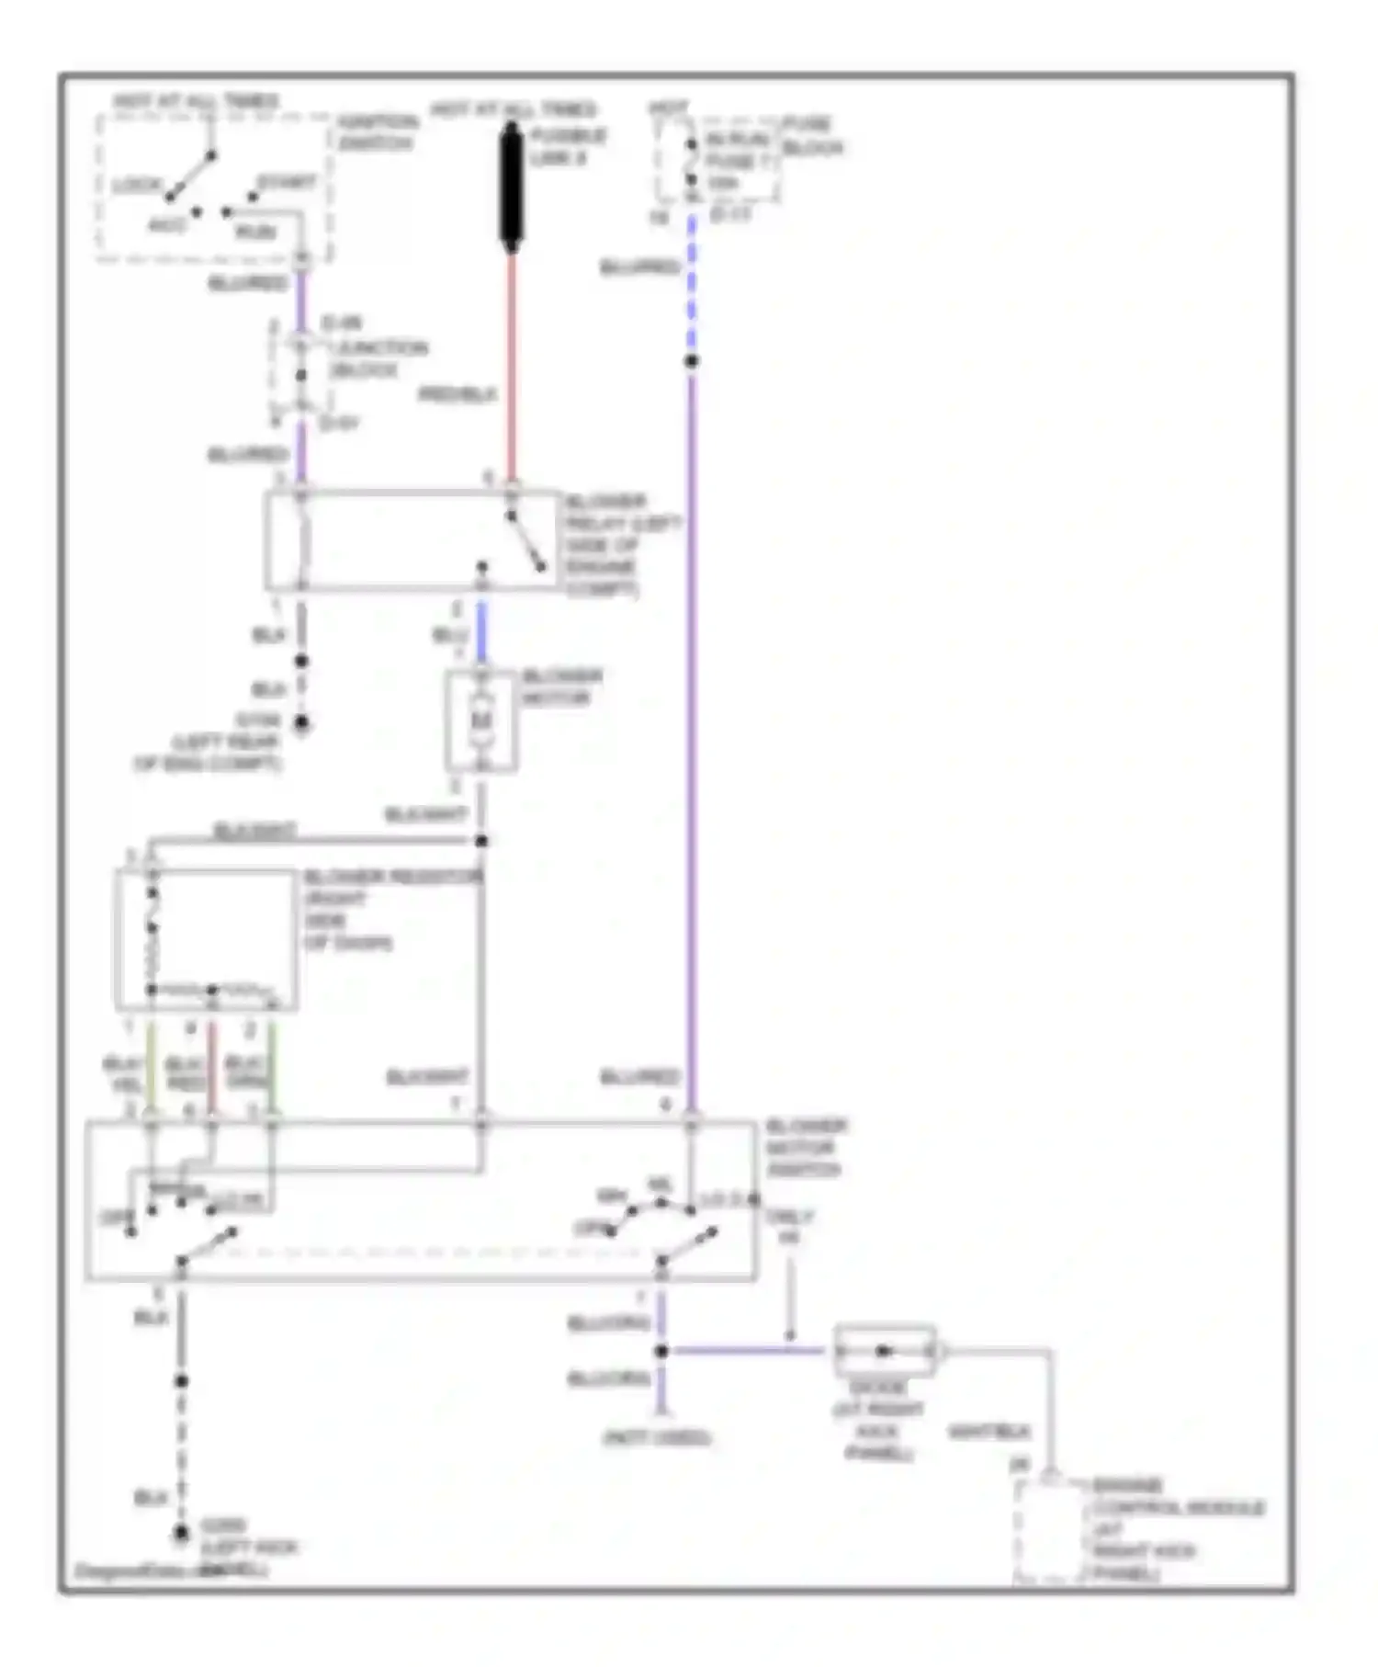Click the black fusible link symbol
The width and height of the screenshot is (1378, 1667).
click(x=512, y=188)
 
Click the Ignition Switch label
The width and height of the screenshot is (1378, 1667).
click(x=377, y=132)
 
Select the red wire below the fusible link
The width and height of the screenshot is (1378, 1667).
click(x=512, y=368)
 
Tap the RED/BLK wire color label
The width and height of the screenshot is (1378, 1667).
click(x=457, y=395)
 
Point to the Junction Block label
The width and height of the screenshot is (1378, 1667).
click(x=377, y=358)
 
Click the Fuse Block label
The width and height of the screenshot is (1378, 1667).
click(x=812, y=136)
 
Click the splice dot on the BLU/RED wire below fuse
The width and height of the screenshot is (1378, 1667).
click(x=692, y=361)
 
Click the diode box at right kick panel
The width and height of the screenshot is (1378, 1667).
click(x=884, y=1351)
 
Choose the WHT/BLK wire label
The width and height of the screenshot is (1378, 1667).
click(x=988, y=1432)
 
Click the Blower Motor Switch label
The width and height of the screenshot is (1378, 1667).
click(x=806, y=1148)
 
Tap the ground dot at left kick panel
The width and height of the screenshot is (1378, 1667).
click(x=182, y=1533)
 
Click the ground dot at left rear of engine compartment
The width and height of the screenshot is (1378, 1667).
click(x=301, y=724)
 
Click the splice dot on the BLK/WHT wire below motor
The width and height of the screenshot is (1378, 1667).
click(x=481, y=841)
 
